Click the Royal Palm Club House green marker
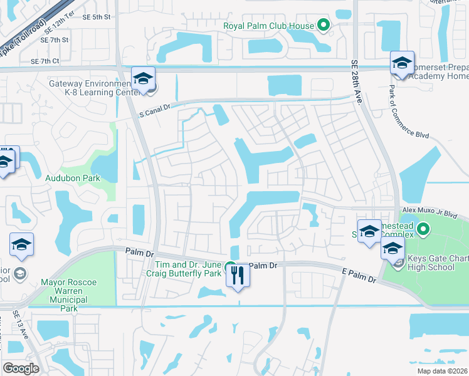(x=324, y=26)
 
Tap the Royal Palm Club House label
(x=268, y=26)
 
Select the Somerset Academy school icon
(x=402, y=63)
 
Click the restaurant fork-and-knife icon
(x=237, y=276)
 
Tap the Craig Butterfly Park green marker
(x=231, y=266)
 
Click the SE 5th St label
(x=96, y=18)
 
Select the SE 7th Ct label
(x=45, y=61)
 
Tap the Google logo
(x=21, y=368)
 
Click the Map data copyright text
(x=441, y=371)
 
